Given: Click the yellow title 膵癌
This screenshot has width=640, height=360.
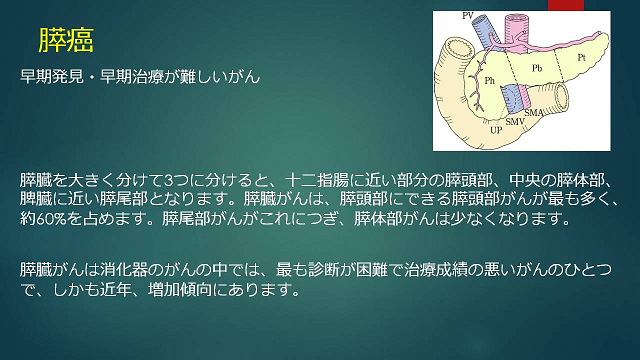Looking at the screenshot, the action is coord(66,40).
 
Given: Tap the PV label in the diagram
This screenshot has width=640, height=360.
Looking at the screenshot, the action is coord(468,16).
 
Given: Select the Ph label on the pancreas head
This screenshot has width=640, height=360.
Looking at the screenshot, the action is coord(489,80).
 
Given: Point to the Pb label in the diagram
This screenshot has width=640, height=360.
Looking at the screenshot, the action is coord(537,68).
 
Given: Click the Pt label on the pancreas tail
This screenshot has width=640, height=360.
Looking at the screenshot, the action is coord(582,58).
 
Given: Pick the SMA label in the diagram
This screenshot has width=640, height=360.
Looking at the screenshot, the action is coord(533,112).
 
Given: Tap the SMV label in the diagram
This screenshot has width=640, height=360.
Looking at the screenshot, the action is coord(515,121).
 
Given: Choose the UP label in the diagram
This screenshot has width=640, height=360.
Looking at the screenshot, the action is coord(496,130).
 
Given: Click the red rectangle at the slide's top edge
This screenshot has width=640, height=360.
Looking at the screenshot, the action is coord(566,5).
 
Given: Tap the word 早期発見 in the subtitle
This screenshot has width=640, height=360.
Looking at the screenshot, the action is coord(52,76).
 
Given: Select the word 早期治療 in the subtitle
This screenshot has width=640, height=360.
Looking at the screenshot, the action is coord(132,76).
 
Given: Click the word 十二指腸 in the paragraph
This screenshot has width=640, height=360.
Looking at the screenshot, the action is coord(317,180).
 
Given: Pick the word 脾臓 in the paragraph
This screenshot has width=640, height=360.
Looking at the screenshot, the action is coord(36,199).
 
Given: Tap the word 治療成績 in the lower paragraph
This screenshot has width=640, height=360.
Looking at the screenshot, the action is coord(436,270).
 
